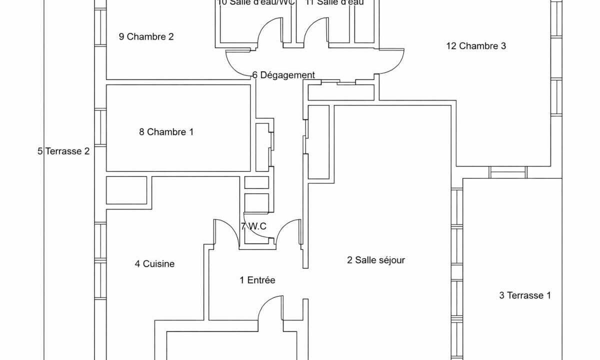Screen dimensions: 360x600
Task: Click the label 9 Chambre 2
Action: click(146, 36)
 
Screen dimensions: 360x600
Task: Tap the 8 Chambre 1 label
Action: click(166, 132)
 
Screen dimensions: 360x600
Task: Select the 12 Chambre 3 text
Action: click(476, 46)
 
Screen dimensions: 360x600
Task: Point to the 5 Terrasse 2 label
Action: click(63, 151)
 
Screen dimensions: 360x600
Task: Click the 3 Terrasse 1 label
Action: click(525, 295)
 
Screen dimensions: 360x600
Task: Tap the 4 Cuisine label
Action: click(154, 264)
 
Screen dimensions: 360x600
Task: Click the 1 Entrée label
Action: click(257, 280)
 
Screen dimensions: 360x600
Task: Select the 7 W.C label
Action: click(253, 226)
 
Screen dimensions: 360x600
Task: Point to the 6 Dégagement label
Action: click(283, 75)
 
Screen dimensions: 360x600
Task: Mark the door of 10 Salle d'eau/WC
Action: click(270, 32)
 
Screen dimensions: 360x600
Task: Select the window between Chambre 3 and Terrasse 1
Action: click(508, 172)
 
